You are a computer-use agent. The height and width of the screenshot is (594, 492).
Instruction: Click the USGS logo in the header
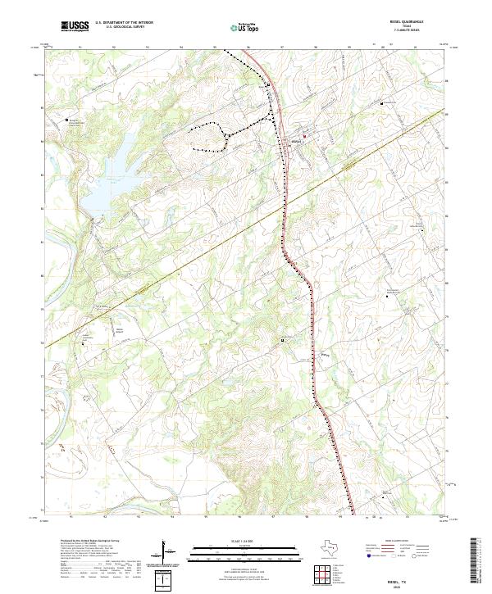(74, 26)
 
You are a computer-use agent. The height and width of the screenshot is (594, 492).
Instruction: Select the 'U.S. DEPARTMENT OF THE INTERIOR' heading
(124, 23)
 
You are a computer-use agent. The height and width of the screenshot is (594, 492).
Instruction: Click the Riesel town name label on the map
(297, 143)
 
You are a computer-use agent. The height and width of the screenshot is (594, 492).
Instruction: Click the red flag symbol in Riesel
(304, 136)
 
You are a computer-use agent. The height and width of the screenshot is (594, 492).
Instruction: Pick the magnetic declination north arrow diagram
(168, 551)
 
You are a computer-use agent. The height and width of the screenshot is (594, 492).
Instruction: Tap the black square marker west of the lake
(67, 120)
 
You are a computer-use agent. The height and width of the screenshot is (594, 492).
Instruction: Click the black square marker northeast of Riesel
(381, 104)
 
